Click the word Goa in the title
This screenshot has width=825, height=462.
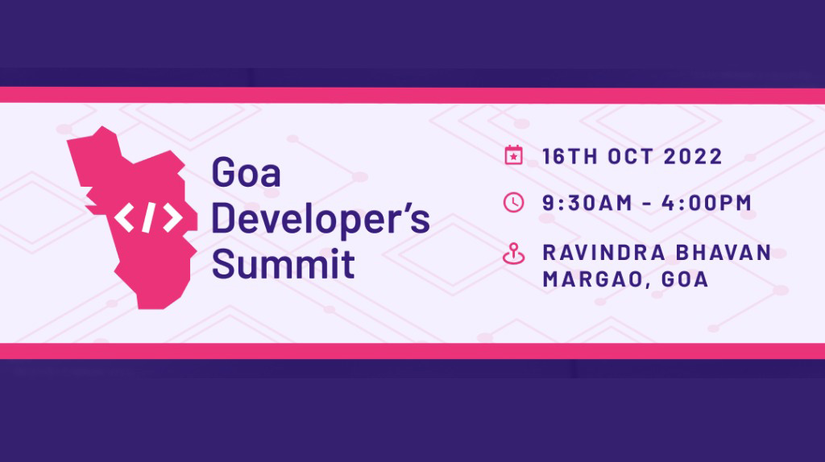[246, 172]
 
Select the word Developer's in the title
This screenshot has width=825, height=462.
[320, 219]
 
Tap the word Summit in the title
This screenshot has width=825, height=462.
[283, 263]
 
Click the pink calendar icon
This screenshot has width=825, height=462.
[513, 155]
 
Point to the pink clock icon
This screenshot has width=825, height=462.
[513, 203]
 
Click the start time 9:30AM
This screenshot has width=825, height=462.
[588, 204]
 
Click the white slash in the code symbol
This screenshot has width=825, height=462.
[147, 218]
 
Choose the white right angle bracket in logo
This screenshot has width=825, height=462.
[170, 218]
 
